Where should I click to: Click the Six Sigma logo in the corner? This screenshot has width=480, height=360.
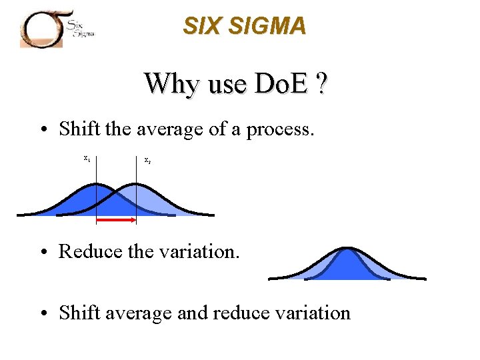57,27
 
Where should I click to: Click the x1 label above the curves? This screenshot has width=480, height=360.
87,159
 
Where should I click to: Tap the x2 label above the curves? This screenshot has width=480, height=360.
147,161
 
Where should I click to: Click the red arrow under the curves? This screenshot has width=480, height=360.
117,218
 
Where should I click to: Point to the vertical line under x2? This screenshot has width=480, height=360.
137,193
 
